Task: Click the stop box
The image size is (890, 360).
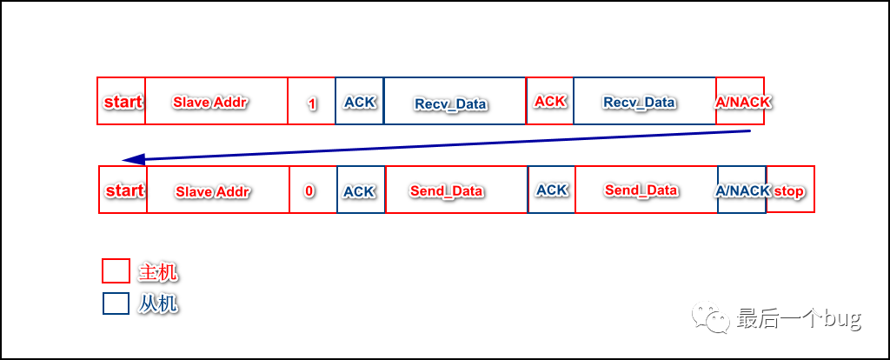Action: pyautogui.click(x=790, y=190)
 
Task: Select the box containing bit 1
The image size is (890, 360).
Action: pyautogui.click(x=311, y=102)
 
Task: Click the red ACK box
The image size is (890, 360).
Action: pyautogui.click(x=550, y=102)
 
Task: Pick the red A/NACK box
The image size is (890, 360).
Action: pyautogui.click(x=741, y=102)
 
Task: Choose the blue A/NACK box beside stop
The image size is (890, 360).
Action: pyautogui.click(x=742, y=190)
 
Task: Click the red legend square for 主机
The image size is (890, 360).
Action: pyautogui.click(x=116, y=271)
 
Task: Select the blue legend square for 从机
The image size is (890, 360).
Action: pyautogui.click(x=116, y=303)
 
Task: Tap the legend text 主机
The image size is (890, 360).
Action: pyautogui.click(x=158, y=272)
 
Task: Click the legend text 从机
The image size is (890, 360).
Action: pyautogui.click(x=158, y=303)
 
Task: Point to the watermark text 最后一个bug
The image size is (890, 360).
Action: pyautogui.click(x=799, y=318)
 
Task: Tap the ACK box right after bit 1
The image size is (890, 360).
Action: pyautogui.click(x=359, y=102)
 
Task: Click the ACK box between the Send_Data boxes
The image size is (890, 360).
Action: pyautogui.click(x=552, y=190)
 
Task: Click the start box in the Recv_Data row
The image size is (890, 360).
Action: pyautogui.click(x=122, y=102)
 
